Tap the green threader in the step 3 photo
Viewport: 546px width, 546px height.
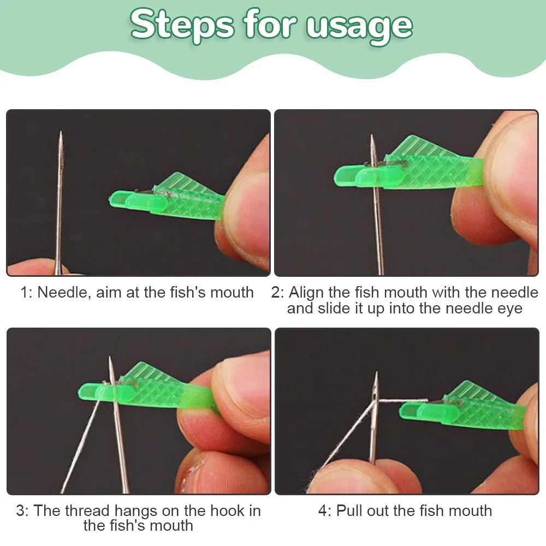point(158,388)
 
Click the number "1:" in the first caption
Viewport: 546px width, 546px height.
point(26,293)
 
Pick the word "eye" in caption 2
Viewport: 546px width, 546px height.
point(508,308)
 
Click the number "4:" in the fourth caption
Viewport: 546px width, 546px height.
point(324,511)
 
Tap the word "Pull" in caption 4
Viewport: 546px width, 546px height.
point(349,511)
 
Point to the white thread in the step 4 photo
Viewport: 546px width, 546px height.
point(349,431)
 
